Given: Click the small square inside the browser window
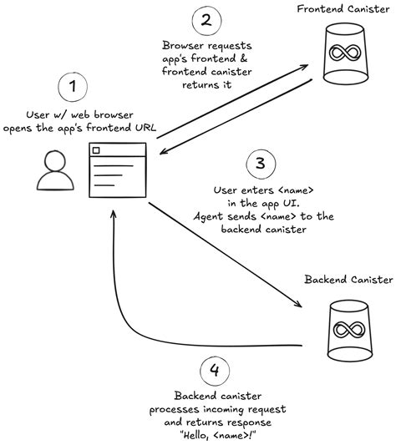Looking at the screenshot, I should [96, 151].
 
